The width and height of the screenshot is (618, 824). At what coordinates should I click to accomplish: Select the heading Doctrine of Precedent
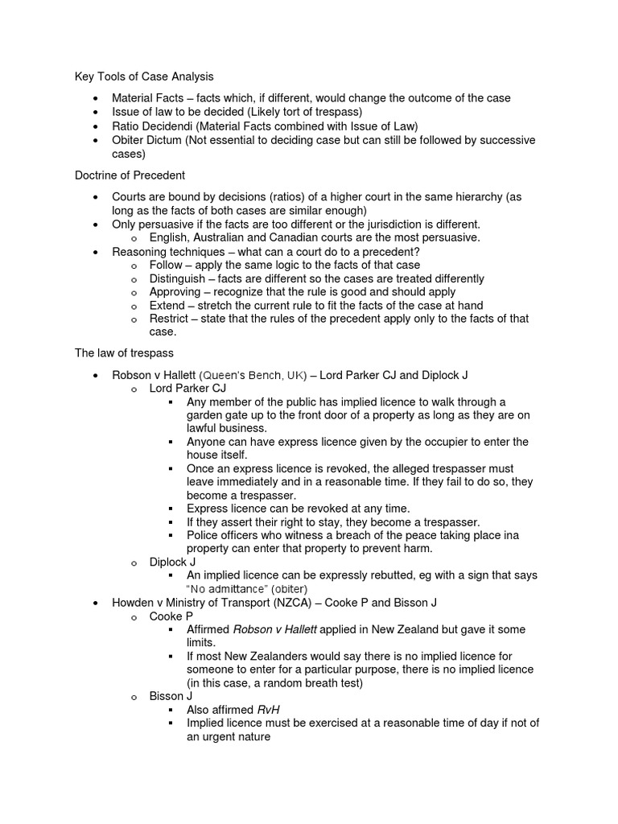click(130, 175)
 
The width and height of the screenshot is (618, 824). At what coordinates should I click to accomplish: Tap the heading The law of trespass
click(124, 352)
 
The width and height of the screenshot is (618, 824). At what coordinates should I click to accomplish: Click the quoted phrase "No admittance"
click(230, 589)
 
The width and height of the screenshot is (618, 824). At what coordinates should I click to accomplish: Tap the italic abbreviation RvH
click(269, 710)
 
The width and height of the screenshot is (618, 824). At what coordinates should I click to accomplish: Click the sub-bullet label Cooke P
click(171, 616)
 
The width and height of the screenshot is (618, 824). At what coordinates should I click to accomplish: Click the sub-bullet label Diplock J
click(173, 562)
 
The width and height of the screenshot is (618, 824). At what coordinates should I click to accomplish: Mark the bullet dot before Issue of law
click(96, 113)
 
